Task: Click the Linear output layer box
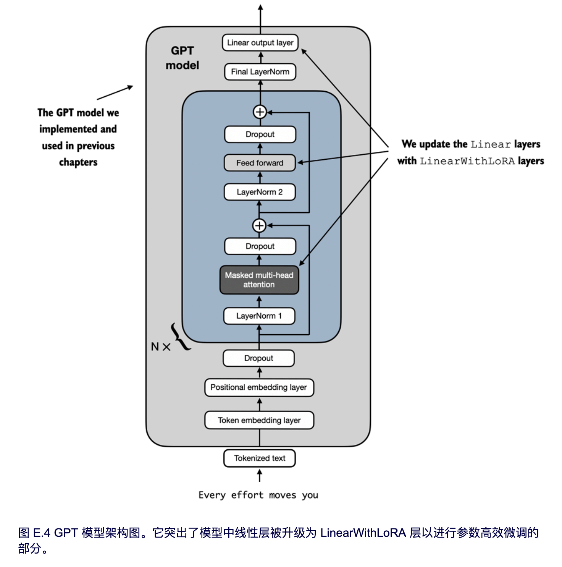coord(260,43)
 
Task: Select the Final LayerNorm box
coord(260,72)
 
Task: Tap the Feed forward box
coord(260,163)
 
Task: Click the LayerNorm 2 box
coord(260,192)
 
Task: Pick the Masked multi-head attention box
coord(259,280)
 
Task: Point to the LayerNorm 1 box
coord(259,316)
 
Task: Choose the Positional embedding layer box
coord(259,387)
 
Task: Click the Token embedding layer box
coord(259,420)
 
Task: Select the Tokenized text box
coord(260,458)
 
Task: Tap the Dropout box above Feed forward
coord(260,134)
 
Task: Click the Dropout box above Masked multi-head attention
coord(260,246)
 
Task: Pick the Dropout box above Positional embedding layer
coord(259,358)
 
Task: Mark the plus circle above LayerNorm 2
coord(260,225)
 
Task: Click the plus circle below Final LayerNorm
coord(260,112)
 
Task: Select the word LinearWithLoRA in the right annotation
coord(467,161)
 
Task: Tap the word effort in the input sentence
coord(247,495)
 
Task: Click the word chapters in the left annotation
coord(78,162)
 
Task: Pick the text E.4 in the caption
coord(42,533)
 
